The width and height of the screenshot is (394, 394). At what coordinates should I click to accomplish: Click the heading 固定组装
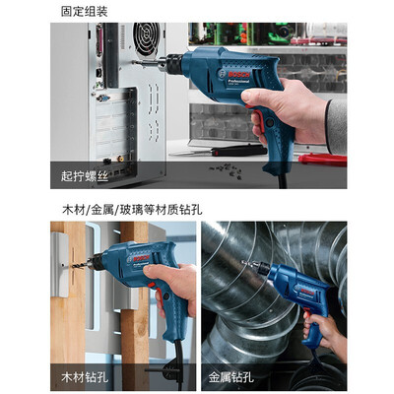click(85, 12)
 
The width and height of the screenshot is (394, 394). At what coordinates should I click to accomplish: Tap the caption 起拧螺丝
click(85, 176)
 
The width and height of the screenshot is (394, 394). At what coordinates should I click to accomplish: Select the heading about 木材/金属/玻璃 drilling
click(132, 209)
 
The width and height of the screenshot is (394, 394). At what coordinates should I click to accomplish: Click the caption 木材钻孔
click(85, 377)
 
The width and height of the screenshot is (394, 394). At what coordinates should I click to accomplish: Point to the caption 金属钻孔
click(231, 377)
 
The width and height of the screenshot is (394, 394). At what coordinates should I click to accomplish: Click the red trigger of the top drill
click(258, 119)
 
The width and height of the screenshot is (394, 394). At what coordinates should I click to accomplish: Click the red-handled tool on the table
click(322, 160)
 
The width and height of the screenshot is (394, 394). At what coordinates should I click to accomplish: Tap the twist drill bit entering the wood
click(79, 264)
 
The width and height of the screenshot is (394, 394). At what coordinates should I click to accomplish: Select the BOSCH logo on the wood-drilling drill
click(141, 258)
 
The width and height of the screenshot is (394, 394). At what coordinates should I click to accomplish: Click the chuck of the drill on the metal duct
click(262, 268)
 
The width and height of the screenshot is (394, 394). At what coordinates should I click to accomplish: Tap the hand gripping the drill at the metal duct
click(324, 333)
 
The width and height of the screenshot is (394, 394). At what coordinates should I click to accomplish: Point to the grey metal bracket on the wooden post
click(60, 265)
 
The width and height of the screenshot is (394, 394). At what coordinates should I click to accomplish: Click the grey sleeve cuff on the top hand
click(337, 126)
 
